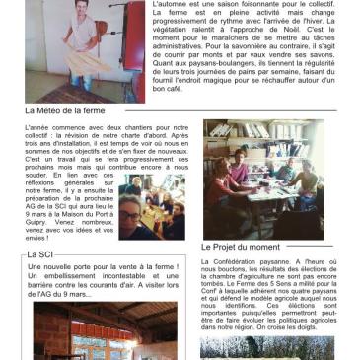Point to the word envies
[35, 237]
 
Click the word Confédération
[237, 261]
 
